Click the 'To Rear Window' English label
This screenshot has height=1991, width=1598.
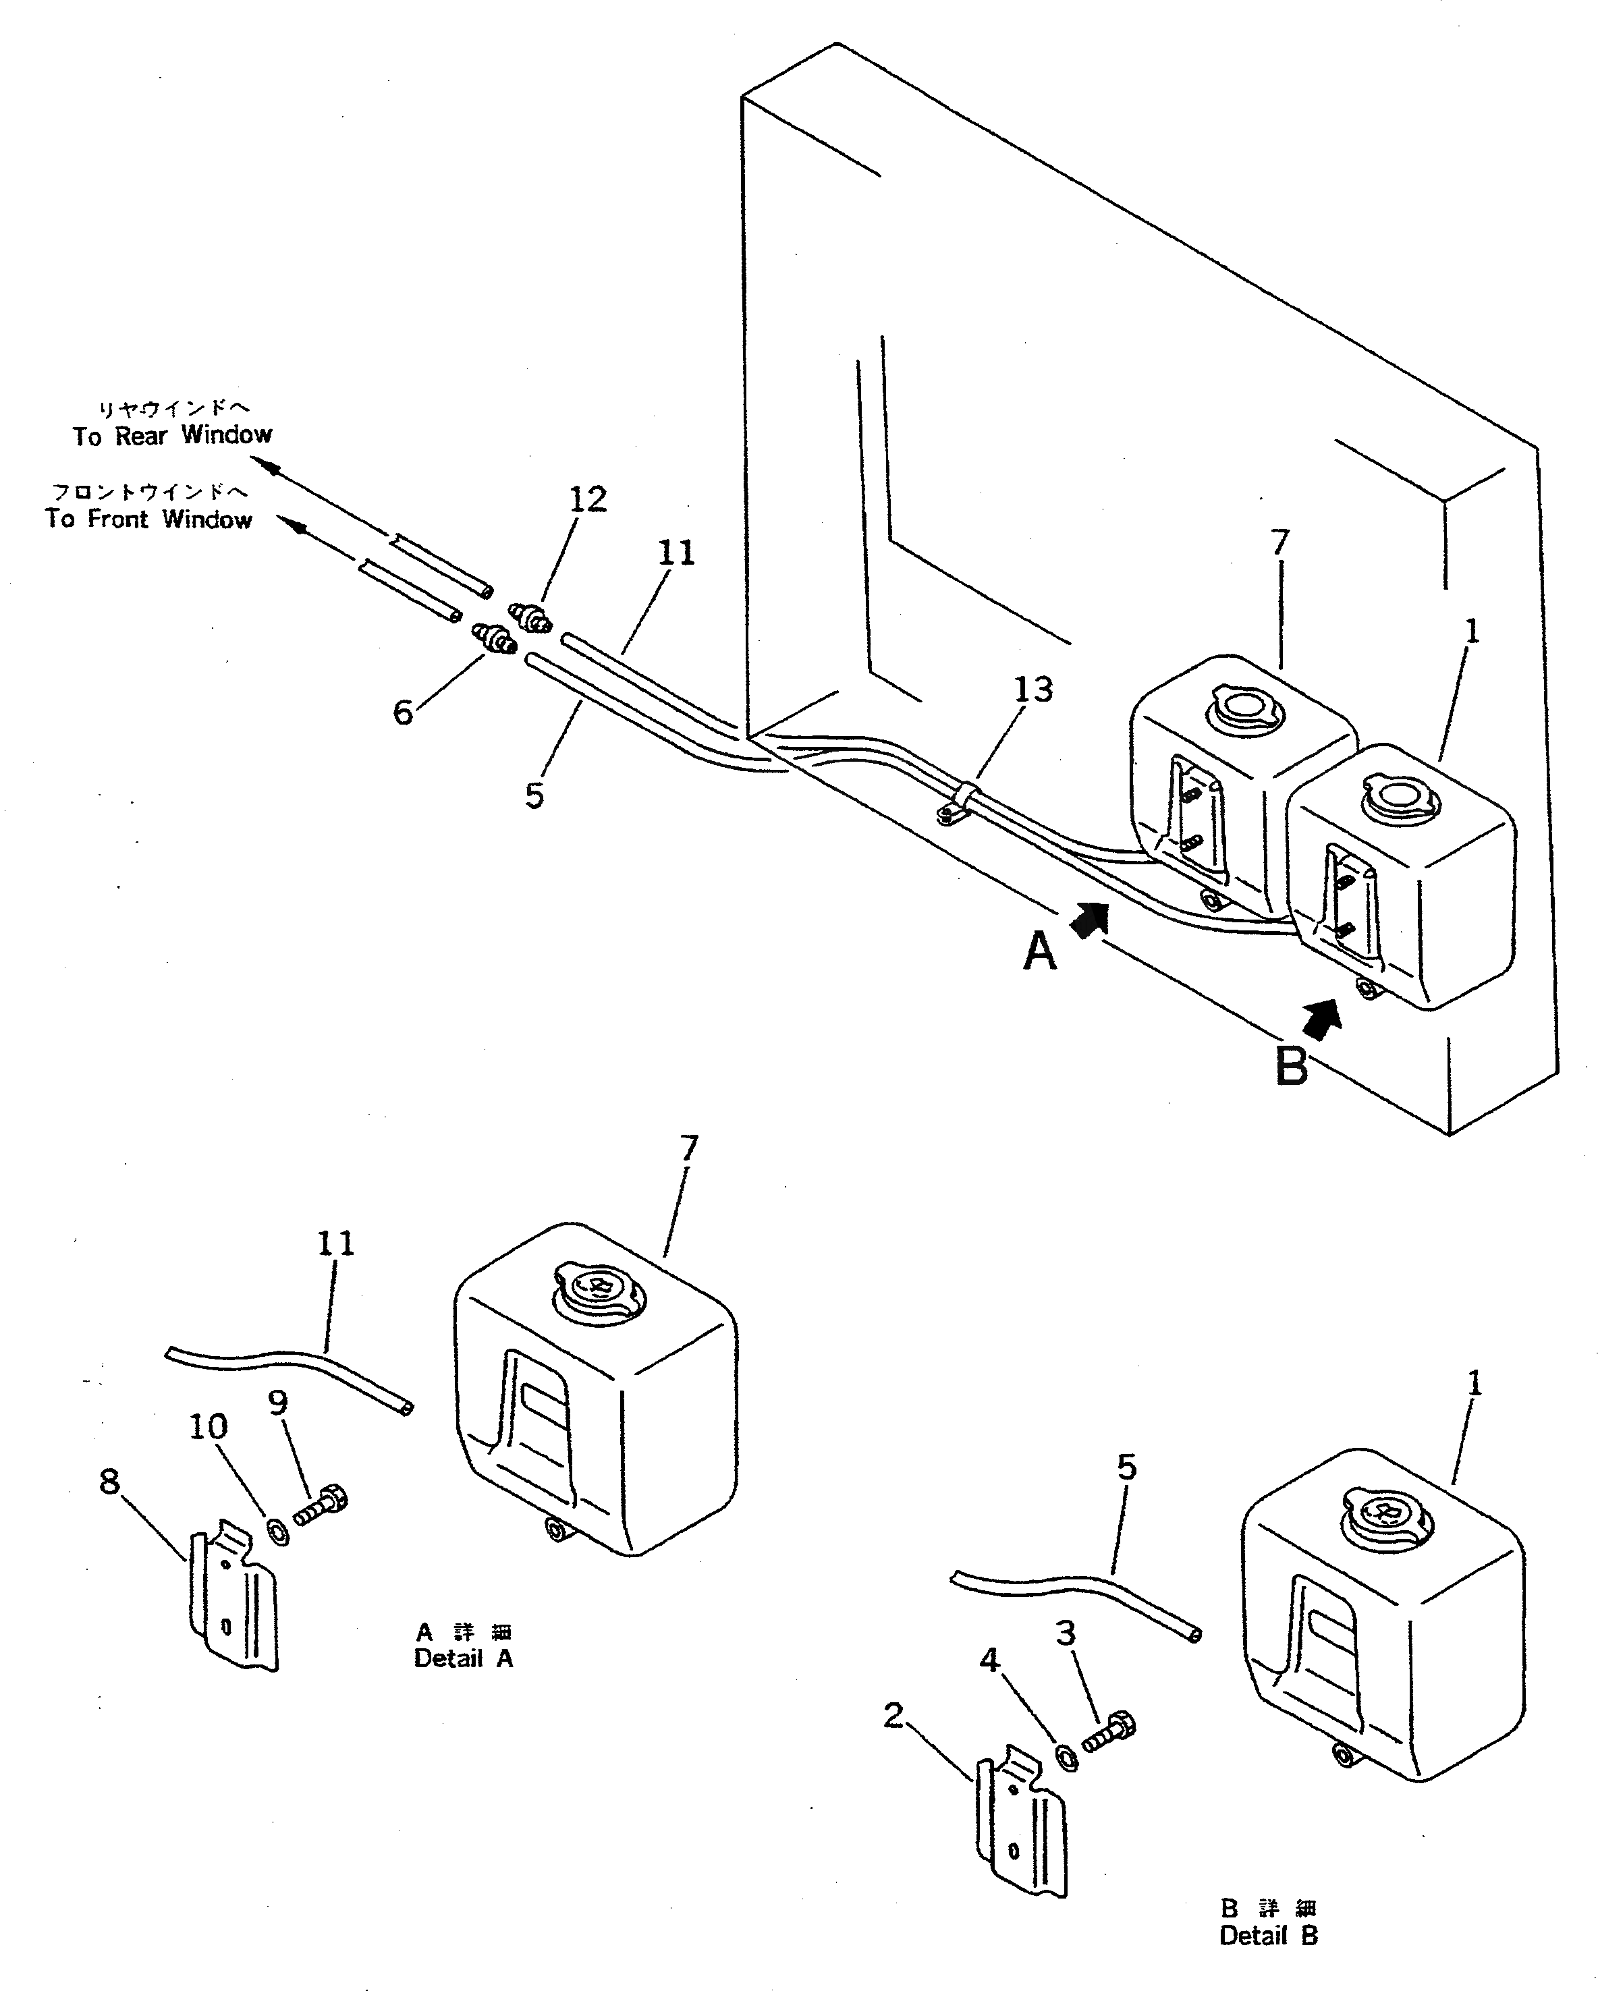click(173, 435)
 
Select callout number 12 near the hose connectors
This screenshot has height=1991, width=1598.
click(588, 499)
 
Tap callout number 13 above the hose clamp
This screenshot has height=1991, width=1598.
click(1032, 689)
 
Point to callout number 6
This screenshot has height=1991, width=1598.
click(403, 713)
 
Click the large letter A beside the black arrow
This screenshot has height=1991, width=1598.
click(1039, 951)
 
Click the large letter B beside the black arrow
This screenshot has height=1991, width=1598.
click(1292, 1067)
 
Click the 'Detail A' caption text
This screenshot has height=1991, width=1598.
click(463, 1658)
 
